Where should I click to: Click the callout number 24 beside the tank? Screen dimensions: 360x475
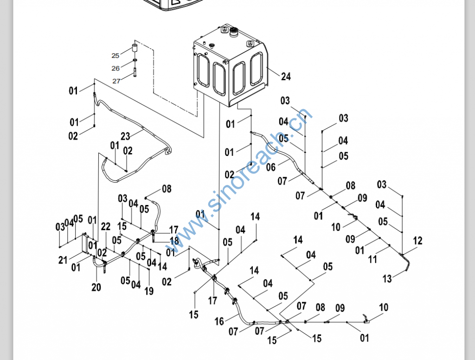coord(286,77)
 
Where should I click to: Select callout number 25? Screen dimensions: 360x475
coord(116,56)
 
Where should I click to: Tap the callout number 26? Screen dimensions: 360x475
coord(116,68)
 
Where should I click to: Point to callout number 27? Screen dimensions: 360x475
coord(116,81)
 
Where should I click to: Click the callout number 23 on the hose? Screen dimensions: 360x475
coord(125,136)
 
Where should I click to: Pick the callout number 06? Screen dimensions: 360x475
coord(271,167)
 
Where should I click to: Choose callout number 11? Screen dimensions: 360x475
coord(373,260)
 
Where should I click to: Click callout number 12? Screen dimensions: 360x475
coord(417,241)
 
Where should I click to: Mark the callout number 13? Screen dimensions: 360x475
coord(387,279)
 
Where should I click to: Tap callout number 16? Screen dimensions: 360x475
coord(219,321)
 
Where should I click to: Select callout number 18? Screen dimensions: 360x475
coord(174,240)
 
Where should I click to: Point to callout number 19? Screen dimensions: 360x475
coord(149,291)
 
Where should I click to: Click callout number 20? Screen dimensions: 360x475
coord(96,287)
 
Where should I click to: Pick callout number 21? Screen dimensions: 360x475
coord(63,260)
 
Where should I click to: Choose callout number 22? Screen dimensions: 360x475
coord(106,226)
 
